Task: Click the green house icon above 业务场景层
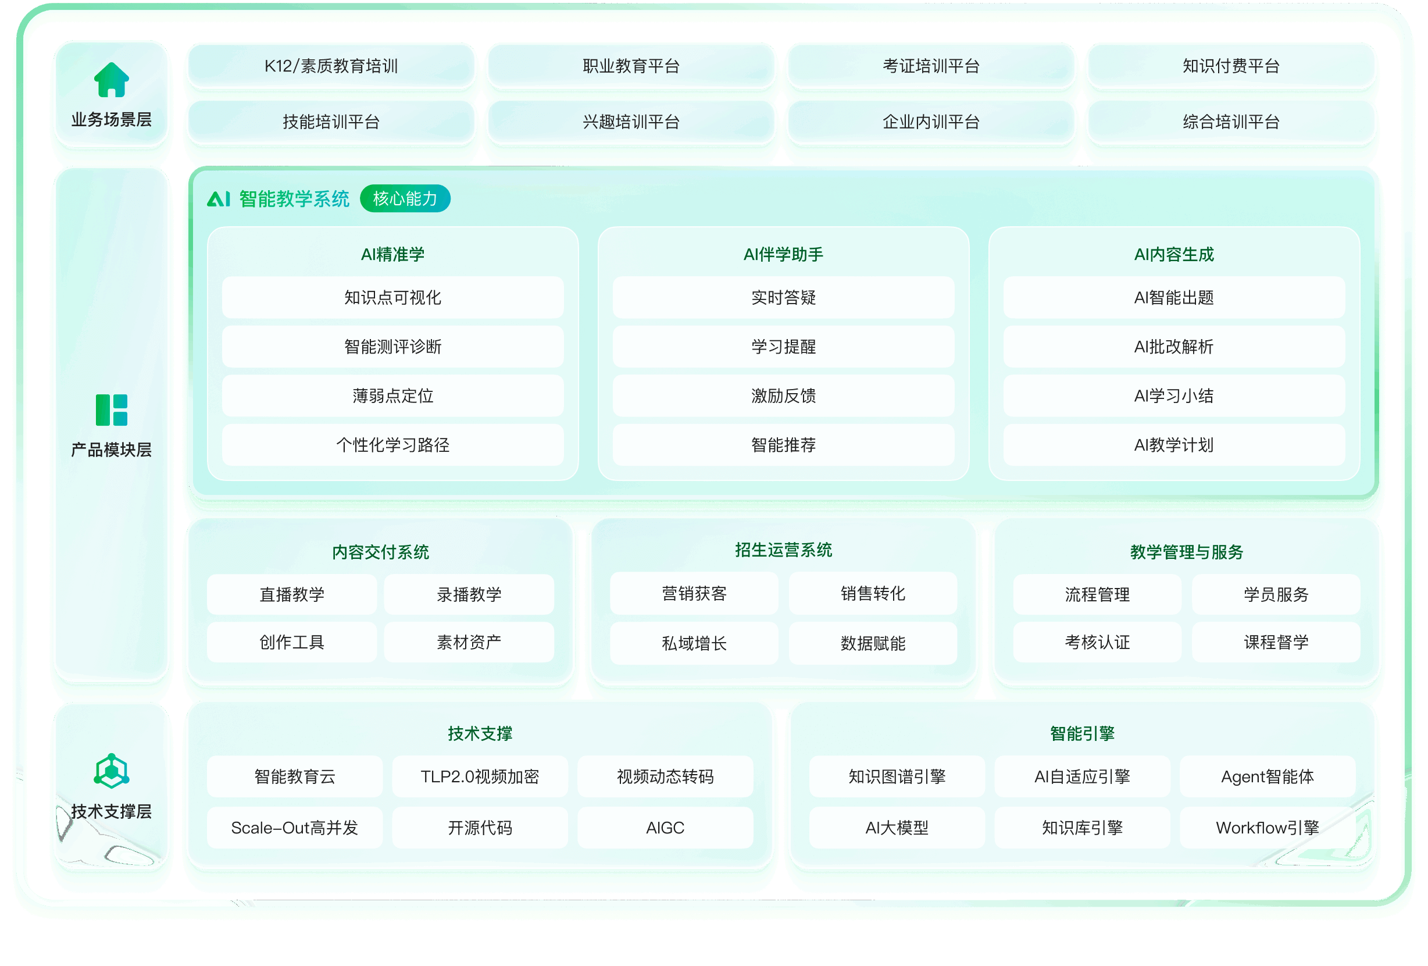(x=111, y=80)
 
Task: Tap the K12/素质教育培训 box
(x=331, y=66)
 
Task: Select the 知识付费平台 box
(x=1231, y=66)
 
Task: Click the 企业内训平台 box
(x=931, y=122)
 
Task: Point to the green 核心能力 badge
(x=405, y=198)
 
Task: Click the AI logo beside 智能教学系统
(x=219, y=198)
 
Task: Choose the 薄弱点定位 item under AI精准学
(x=392, y=395)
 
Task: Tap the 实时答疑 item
(x=783, y=297)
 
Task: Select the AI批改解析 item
(x=1173, y=347)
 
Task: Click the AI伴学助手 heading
(x=783, y=254)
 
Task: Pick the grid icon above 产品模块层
(x=111, y=410)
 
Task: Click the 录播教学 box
(x=469, y=594)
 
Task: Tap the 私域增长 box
(x=694, y=643)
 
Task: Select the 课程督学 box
(x=1276, y=642)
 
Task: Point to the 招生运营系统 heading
(x=783, y=550)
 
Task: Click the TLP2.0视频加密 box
(x=480, y=777)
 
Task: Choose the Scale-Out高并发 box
(x=294, y=828)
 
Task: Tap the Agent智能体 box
(x=1267, y=777)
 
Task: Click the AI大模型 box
(x=897, y=828)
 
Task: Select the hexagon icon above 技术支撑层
(x=111, y=771)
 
